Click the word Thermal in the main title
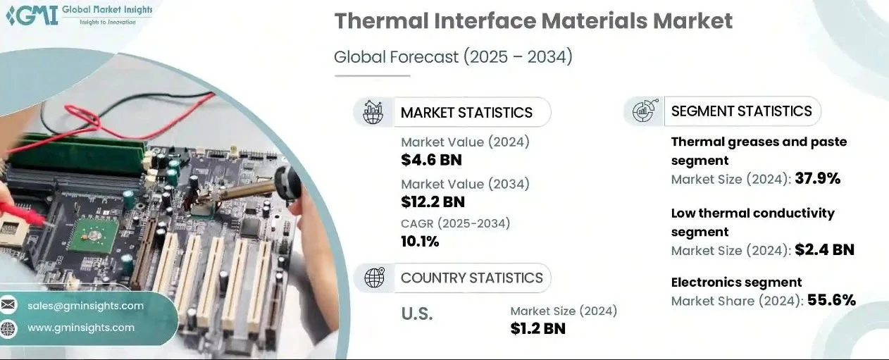(381, 20)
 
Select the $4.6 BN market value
(431, 160)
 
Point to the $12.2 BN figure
(433, 202)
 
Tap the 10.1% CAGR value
(420, 242)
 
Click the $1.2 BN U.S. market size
(537, 328)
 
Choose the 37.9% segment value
(818, 179)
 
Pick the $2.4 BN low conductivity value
(824, 250)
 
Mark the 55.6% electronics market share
(831, 300)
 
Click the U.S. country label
(417, 314)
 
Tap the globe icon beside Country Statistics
(375, 278)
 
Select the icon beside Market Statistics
(373, 112)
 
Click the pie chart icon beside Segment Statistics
(645, 111)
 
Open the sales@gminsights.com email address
(85, 306)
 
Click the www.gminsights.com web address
(81, 328)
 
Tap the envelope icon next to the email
(8, 305)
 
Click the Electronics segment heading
(736, 283)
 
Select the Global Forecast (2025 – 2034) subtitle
(453, 57)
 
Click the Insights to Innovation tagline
(108, 23)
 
